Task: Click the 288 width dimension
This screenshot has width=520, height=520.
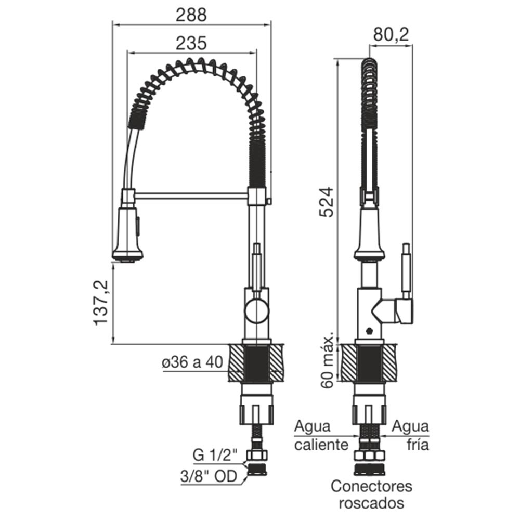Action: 191,15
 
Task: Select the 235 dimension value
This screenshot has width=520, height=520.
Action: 191,44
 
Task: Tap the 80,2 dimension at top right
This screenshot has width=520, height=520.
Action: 391,35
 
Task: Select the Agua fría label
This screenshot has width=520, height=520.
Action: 411,436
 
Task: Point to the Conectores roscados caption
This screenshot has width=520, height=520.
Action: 371,495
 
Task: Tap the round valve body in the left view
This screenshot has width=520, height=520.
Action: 256,312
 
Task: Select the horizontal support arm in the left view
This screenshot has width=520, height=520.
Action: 191,196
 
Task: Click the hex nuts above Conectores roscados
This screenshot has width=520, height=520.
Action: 370,456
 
